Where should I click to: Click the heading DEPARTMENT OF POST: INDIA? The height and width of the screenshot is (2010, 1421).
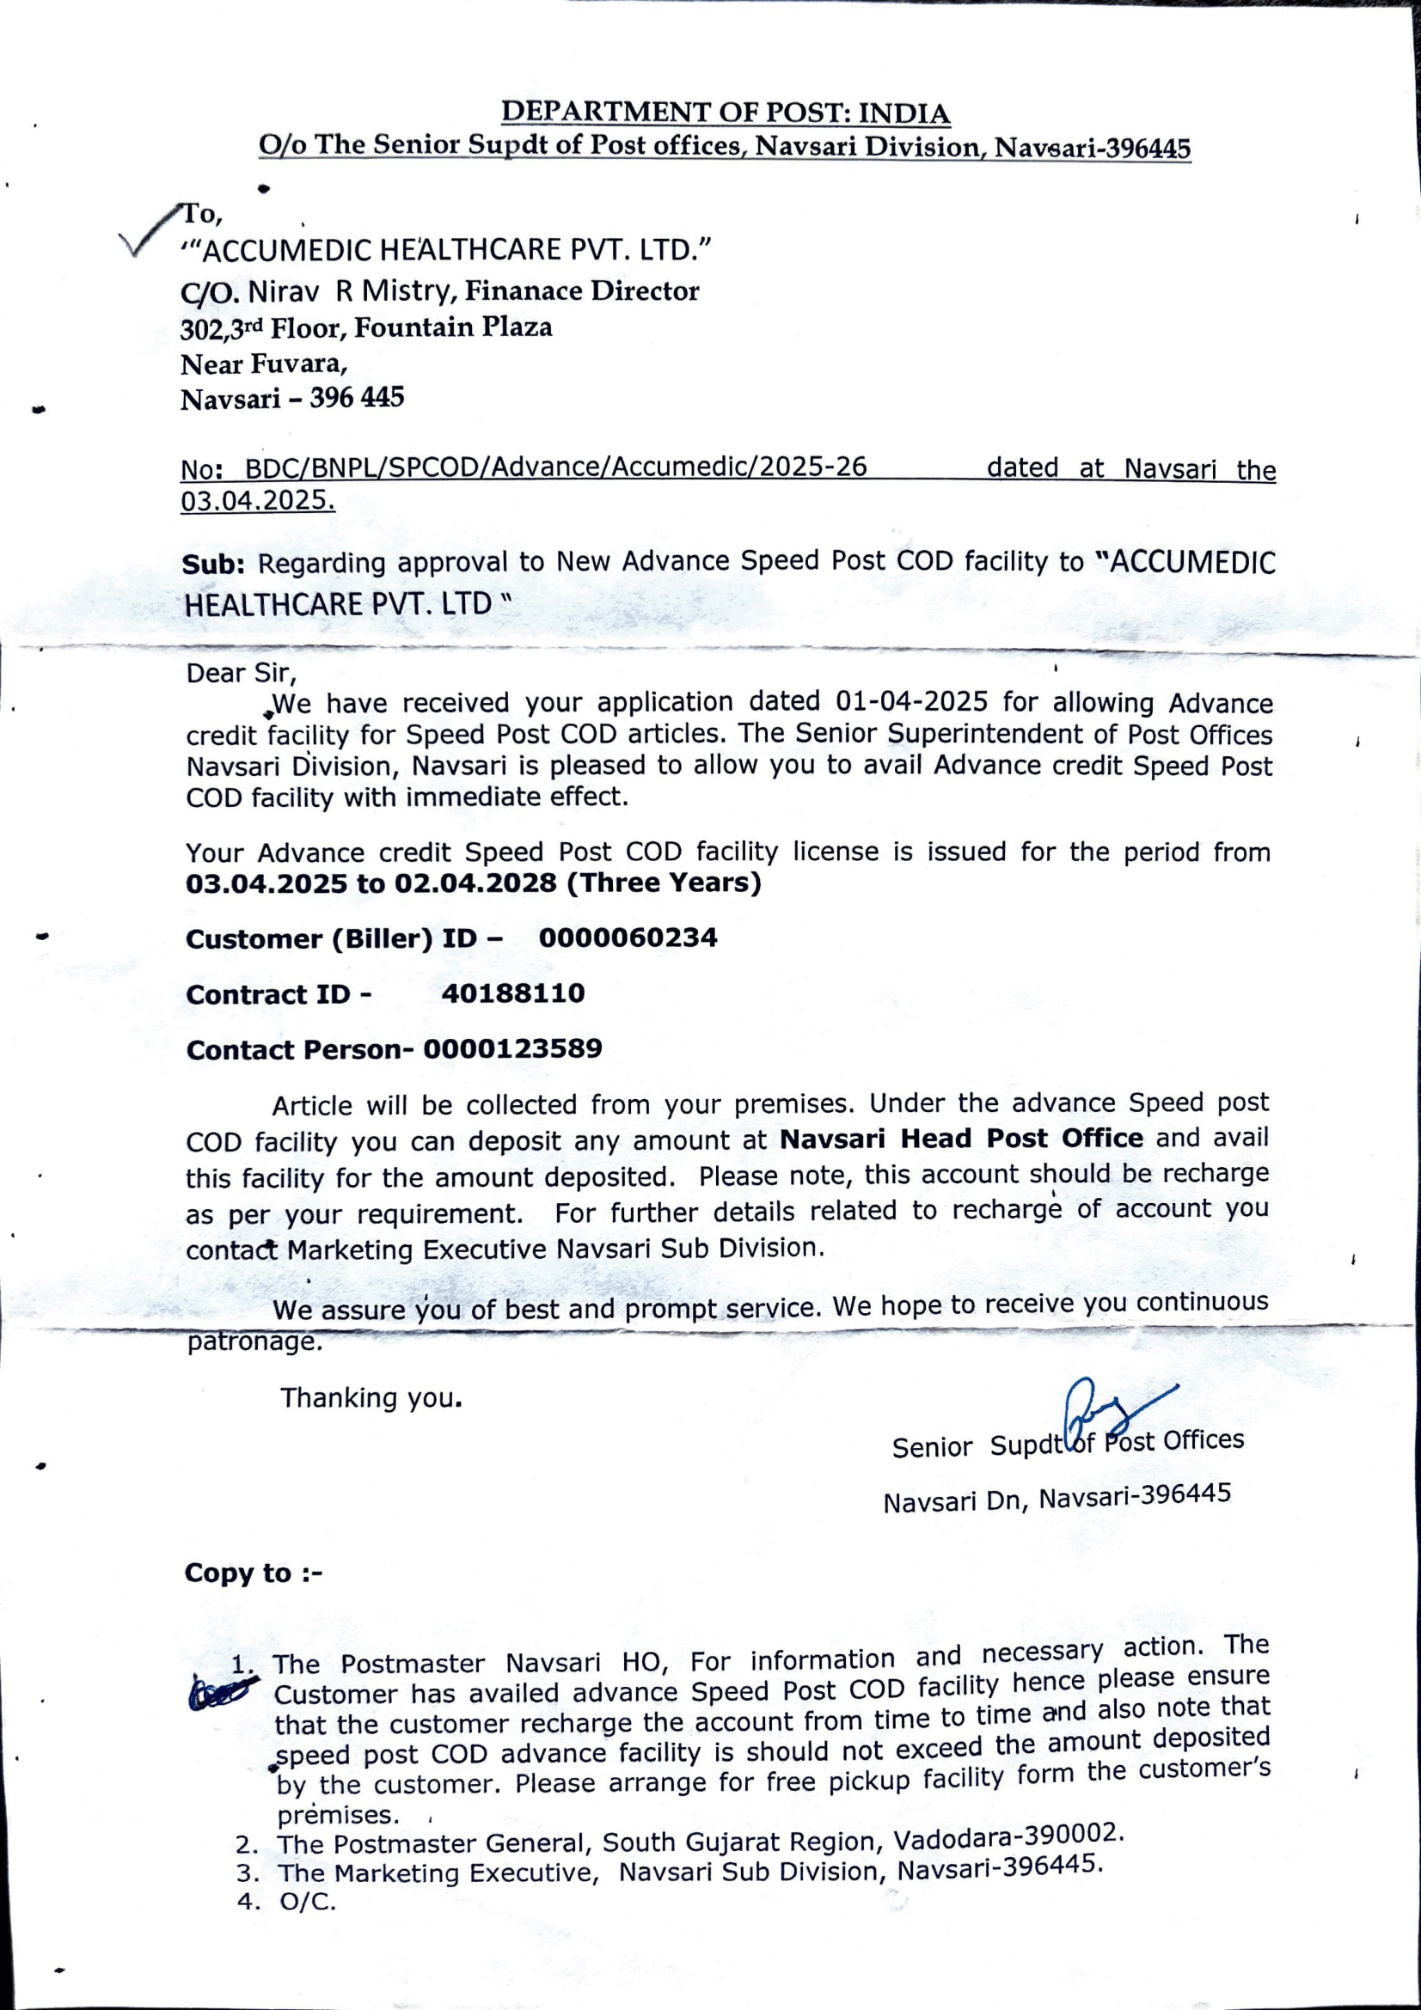pyautogui.click(x=725, y=113)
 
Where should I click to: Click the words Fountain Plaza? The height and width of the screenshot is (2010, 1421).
pyautogui.click(x=453, y=327)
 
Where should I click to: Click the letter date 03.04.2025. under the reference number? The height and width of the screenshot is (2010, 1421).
pyautogui.click(x=257, y=501)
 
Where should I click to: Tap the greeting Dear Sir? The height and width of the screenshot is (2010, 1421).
pyautogui.click(x=242, y=673)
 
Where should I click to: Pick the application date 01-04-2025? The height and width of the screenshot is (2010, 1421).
pyautogui.click(x=911, y=702)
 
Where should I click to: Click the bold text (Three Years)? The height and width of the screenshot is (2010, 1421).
pyautogui.click(x=665, y=883)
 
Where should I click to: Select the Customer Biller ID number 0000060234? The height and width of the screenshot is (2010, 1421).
pyautogui.click(x=628, y=938)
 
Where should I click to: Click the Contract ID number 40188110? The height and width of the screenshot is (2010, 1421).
pyautogui.click(x=513, y=993)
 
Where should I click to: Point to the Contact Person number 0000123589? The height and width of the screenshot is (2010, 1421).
pyautogui.click(x=513, y=1048)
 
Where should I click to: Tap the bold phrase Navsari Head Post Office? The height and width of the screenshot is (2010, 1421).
pyautogui.click(x=961, y=1139)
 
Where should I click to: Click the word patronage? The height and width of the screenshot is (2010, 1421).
pyautogui.click(x=254, y=1342)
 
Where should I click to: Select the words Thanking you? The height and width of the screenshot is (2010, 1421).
pyautogui.click(x=371, y=1398)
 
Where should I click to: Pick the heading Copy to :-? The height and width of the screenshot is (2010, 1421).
pyautogui.click(x=253, y=1573)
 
